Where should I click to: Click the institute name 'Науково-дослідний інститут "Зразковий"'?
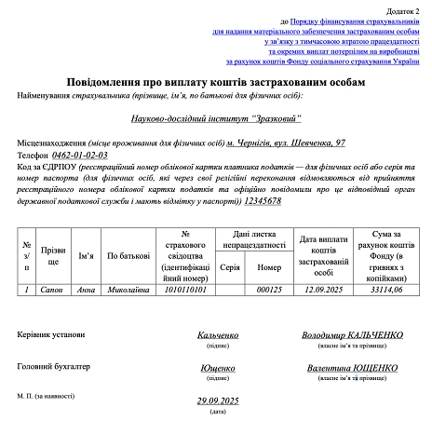click(x=215, y=119)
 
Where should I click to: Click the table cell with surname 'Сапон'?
click(x=52, y=290)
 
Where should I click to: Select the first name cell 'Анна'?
click(x=86, y=290)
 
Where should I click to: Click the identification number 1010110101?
click(x=188, y=290)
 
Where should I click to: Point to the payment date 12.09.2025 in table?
click(x=323, y=290)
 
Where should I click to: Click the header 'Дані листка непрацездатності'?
click(x=250, y=238)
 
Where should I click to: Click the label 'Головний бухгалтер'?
click(x=54, y=366)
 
